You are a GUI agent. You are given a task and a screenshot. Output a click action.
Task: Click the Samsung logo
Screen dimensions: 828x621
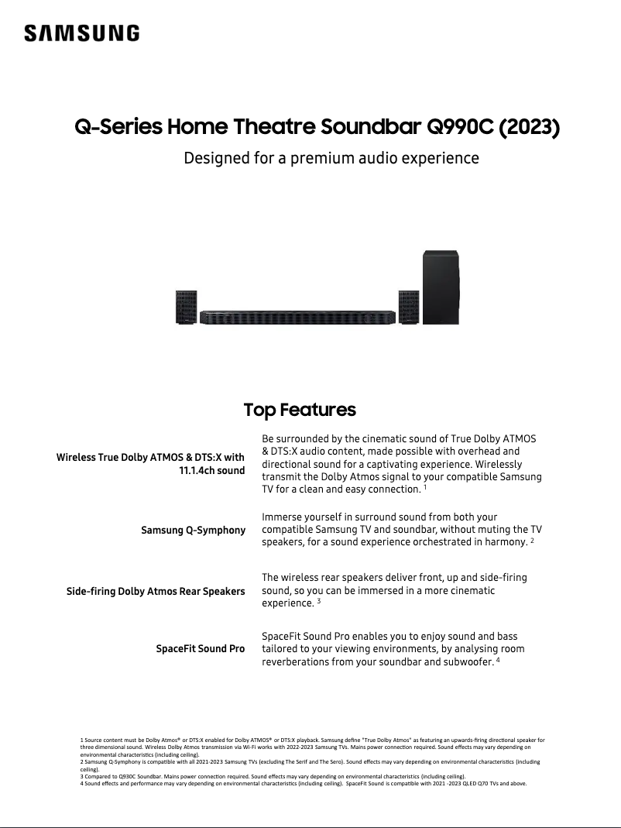[x=81, y=33]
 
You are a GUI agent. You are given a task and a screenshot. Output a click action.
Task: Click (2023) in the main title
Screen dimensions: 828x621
[x=530, y=126]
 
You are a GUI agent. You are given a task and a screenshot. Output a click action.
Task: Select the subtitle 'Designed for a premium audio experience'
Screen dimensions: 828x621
[x=331, y=158]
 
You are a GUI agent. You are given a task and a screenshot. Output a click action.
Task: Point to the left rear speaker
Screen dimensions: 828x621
[x=186, y=307]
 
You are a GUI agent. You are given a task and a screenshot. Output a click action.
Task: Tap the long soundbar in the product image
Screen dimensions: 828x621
[x=298, y=317]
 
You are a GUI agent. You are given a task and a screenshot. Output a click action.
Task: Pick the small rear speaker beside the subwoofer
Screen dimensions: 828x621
[x=409, y=307]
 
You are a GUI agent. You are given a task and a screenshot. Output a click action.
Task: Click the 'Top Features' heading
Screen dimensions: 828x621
[x=300, y=409]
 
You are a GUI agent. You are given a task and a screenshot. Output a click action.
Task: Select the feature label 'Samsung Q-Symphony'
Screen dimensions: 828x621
[x=193, y=531]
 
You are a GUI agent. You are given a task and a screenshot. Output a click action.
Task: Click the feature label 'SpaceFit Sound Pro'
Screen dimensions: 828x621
[x=201, y=648]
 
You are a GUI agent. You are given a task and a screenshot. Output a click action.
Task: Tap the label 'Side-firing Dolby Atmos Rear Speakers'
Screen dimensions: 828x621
[x=156, y=592]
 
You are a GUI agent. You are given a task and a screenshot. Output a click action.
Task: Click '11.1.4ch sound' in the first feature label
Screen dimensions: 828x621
[x=211, y=470]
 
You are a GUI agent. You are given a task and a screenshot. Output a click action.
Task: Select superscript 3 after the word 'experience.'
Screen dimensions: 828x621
[x=318, y=601]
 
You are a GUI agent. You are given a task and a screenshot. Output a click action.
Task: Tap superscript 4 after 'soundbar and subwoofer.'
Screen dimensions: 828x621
[x=498, y=661]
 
